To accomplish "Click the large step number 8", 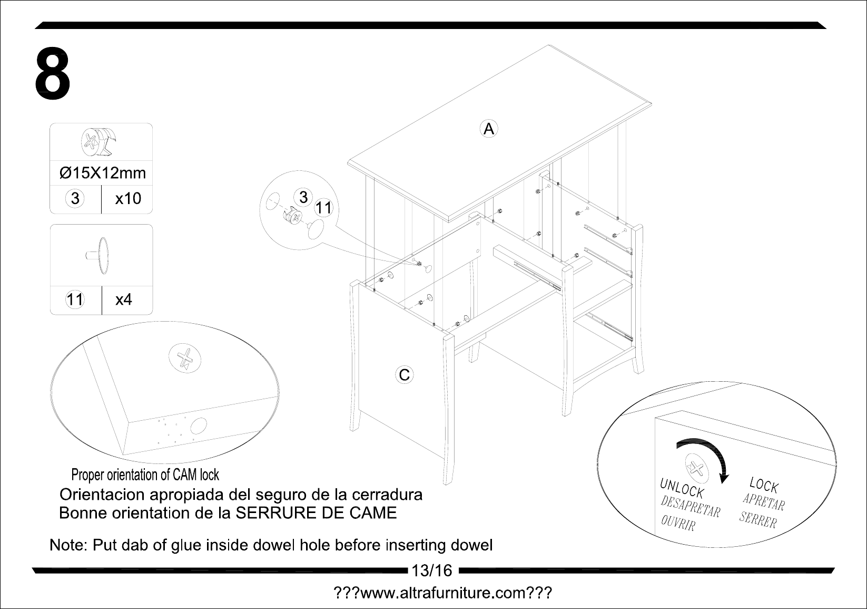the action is (x=53, y=74).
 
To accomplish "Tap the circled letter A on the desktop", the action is (x=489, y=129).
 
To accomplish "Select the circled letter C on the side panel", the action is (x=405, y=374).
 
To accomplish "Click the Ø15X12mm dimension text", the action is (x=103, y=173).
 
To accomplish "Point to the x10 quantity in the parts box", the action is (x=128, y=198).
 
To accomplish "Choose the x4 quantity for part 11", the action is (x=124, y=299).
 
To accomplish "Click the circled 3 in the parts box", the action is (x=75, y=198).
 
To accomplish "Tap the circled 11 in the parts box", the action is (x=75, y=299).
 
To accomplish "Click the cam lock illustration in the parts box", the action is (x=100, y=142).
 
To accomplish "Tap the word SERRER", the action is (x=758, y=519).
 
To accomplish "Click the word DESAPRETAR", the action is (x=690, y=506).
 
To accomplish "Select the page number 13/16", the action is (x=432, y=571).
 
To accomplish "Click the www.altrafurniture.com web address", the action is (x=443, y=593).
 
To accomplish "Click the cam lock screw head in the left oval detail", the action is (x=185, y=358).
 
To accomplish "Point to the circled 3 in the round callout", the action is (x=303, y=197).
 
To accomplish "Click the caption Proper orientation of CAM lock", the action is (x=145, y=475).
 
